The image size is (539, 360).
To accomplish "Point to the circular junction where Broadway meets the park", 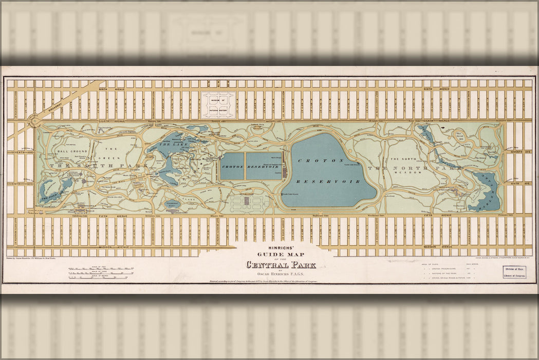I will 35,121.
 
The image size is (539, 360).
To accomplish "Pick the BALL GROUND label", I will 70,152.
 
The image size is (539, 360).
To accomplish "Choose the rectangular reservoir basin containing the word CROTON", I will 232,166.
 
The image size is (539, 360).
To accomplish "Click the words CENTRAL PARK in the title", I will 281,265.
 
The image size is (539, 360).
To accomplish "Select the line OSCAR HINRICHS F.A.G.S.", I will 281,274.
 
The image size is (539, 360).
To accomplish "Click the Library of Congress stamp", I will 514,271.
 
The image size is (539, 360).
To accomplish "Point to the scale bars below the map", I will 101,273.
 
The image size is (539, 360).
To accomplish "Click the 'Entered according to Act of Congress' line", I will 263,281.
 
